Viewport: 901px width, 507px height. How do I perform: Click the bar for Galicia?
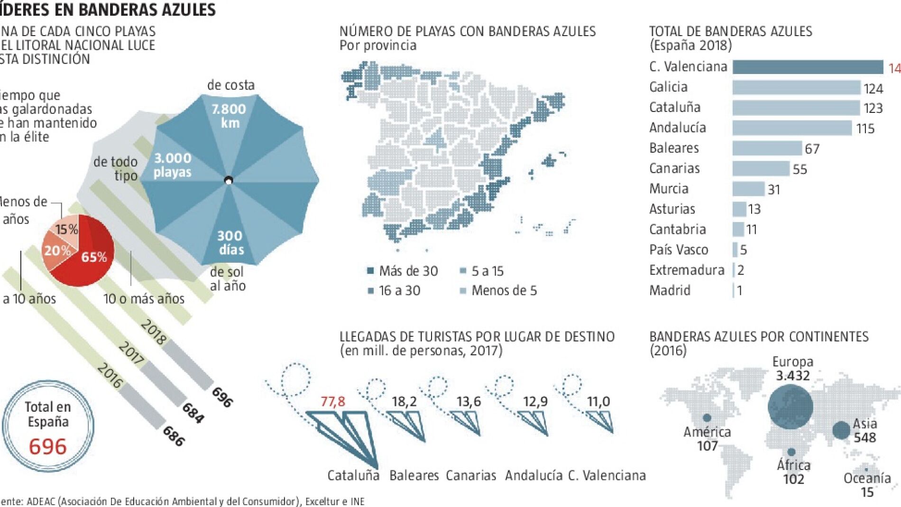(796, 88)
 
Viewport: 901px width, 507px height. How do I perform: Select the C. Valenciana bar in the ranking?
(808, 67)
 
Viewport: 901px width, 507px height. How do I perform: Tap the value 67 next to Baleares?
(812, 149)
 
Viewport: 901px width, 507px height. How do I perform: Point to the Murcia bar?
(748, 189)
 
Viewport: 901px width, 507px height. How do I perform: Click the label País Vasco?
(679, 250)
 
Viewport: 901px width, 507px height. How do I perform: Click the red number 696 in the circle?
(47, 447)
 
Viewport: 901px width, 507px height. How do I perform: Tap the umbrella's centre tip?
(229, 181)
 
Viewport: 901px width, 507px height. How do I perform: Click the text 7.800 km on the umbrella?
(229, 116)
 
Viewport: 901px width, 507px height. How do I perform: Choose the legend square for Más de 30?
(371, 271)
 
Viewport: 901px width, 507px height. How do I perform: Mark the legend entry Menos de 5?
(504, 291)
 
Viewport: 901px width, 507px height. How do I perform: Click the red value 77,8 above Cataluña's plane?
(332, 402)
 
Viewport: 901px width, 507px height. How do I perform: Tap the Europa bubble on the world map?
(790, 406)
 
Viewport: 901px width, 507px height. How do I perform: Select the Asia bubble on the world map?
(841, 430)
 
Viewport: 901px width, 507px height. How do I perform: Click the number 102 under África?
(793, 479)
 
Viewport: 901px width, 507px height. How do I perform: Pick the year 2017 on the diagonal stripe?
(131, 353)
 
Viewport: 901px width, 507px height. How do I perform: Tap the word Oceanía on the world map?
(867, 478)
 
